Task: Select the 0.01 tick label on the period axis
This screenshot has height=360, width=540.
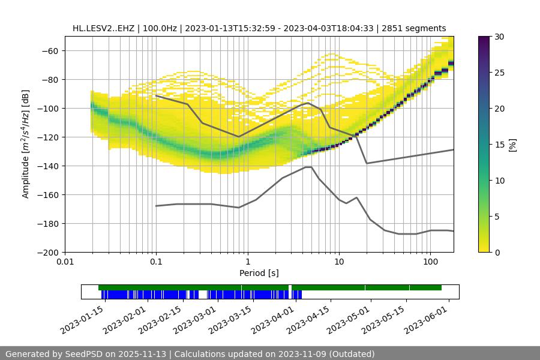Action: point(65,262)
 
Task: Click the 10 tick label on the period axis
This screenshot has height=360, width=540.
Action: point(339,262)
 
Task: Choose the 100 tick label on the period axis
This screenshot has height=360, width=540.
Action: point(430,262)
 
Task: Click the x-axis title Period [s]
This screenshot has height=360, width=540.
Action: point(259,273)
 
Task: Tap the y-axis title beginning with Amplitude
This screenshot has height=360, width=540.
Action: point(25,144)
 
